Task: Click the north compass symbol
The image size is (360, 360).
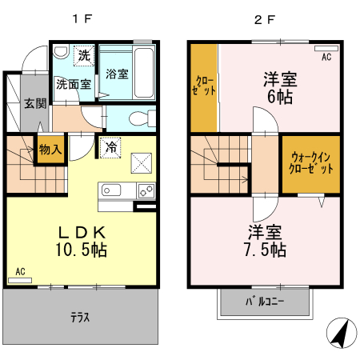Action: tap(342, 332)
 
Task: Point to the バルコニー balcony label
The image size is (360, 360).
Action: tap(264, 302)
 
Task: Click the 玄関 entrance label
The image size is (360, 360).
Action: tap(34, 102)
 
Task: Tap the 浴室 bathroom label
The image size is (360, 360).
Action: tap(117, 75)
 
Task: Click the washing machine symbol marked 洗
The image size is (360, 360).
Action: tap(83, 56)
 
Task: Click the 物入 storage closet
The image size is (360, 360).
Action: tap(50, 150)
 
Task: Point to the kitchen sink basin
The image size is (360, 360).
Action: tap(110, 190)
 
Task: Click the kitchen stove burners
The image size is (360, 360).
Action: tap(146, 190)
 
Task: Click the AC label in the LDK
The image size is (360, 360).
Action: tap(21, 272)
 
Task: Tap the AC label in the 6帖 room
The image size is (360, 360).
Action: tap(326, 58)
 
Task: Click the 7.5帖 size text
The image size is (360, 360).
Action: tap(264, 249)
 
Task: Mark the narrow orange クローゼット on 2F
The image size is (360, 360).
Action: tap(204, 88)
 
